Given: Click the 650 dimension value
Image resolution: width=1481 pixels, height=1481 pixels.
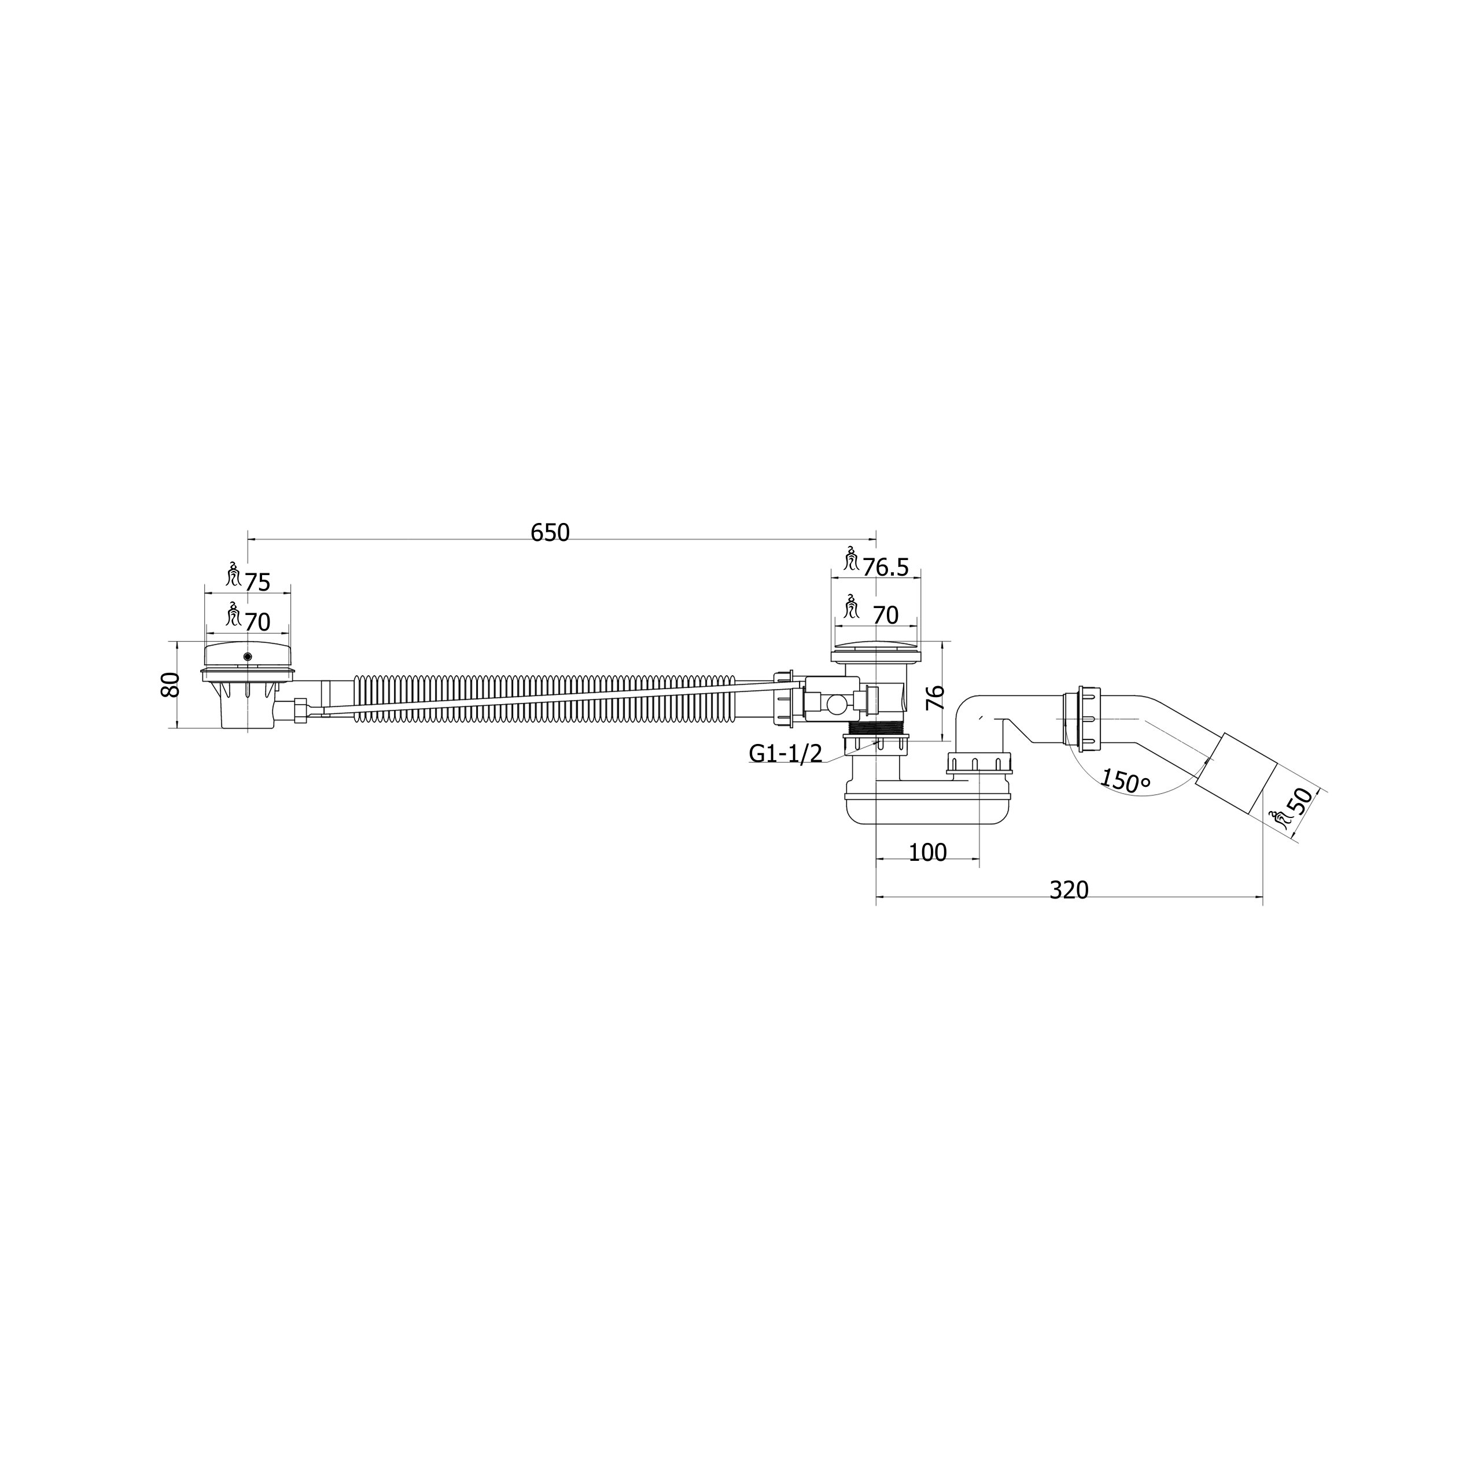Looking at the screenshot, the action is click(550, 532).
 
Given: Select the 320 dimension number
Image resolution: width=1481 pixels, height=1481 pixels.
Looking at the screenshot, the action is click(1069, 890).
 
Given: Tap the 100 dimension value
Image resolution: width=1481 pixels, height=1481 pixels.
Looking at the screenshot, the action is click(927, 852).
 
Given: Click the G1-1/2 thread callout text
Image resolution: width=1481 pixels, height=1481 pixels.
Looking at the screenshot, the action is click(786, 754).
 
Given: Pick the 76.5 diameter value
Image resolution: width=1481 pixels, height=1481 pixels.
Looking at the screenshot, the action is click(885, 568).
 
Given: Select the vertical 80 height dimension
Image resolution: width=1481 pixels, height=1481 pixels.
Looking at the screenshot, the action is click(170, 684).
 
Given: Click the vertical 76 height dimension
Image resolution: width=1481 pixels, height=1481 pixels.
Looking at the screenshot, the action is click(936, 698).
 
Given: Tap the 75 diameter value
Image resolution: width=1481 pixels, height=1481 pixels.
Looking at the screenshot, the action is click(257, 583).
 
